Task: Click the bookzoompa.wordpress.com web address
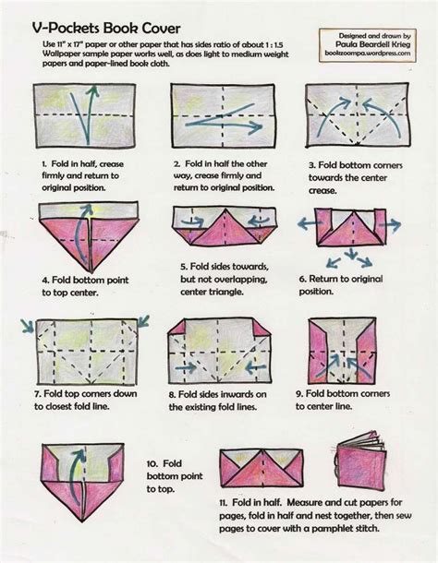[x=371, y=54]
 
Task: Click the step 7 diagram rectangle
[x=86, y=351]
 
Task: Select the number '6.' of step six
[x=302, y=278]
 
